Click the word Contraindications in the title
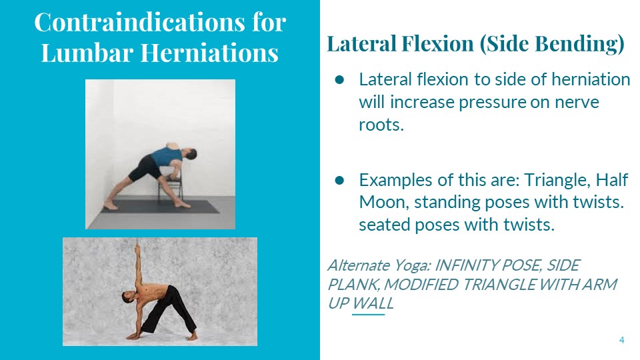(x=139, y=22)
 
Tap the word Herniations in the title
(x=209, y=53)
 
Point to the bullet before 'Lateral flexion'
(x=339, y=79)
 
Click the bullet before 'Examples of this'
(x=339, y=180)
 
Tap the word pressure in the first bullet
(x=492, y=103)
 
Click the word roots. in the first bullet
(x=381, y=125)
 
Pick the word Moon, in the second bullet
(x=384, y=203)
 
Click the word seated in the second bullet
(x=385, y=225)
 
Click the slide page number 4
(x=621, y=340)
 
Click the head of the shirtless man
(x=127, y=297)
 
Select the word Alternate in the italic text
(x=359, y=265)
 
